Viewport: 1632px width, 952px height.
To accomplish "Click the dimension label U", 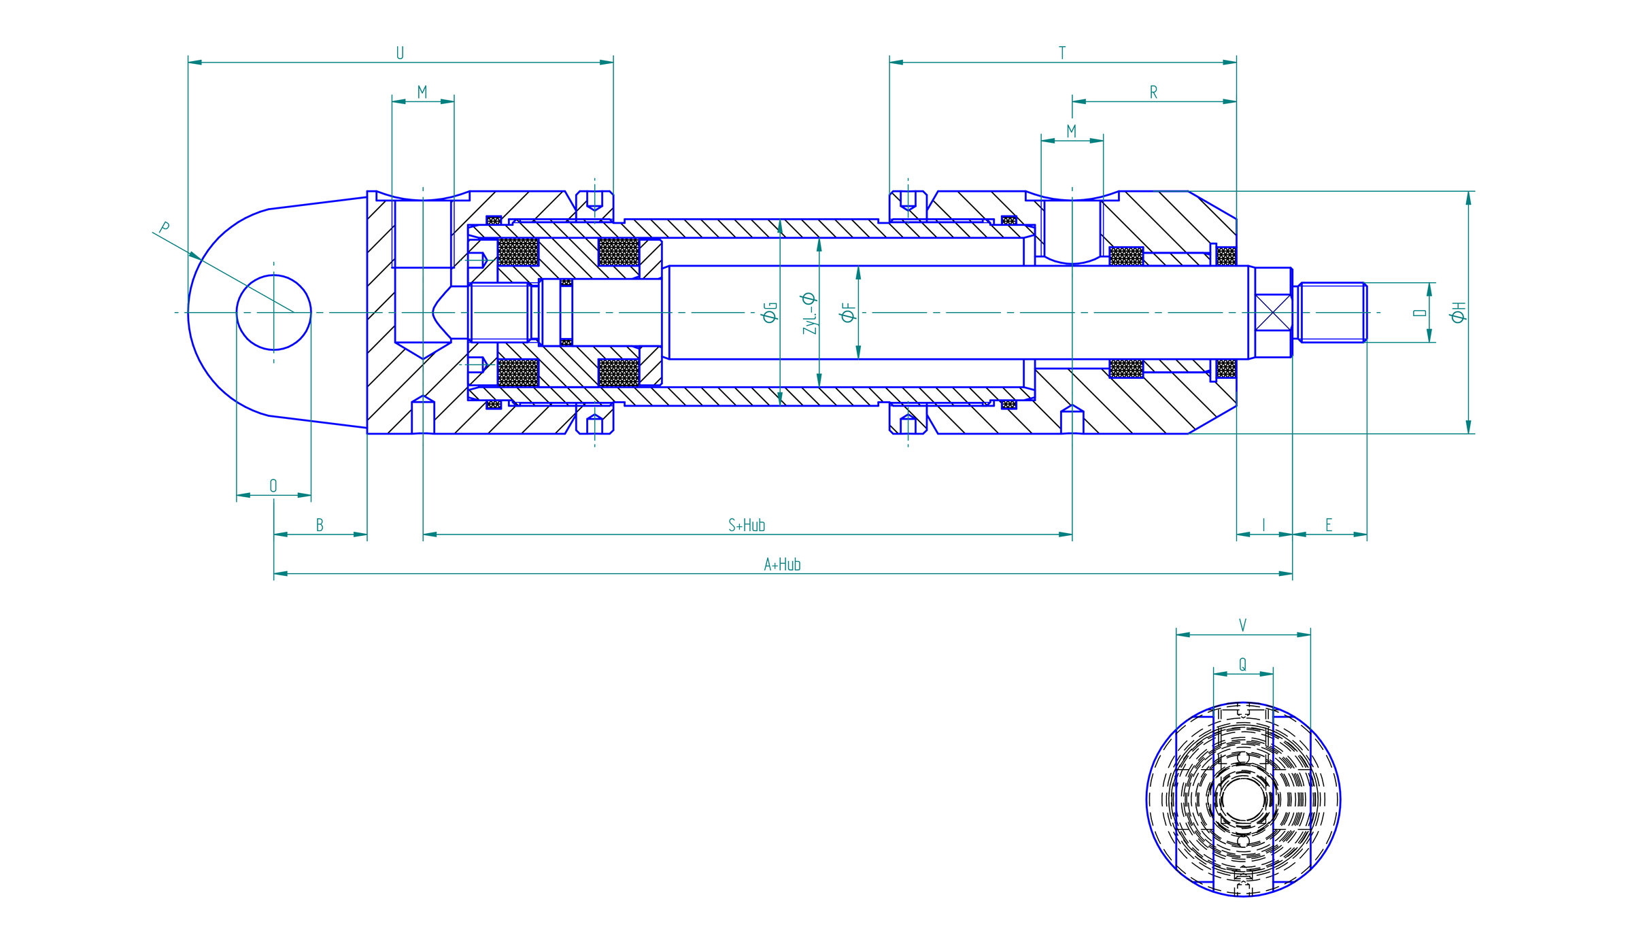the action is coord(400,53).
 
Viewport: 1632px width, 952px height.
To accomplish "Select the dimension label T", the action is coord(1062,53).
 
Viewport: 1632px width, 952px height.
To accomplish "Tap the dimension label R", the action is coord(1153,92).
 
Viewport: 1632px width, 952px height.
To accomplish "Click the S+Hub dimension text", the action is coord(747,525).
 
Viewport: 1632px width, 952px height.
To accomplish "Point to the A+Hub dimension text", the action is coord(782,564).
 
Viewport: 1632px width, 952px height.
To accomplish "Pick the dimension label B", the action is coord(320,525).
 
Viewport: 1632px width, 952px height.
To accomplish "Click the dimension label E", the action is coord(1329,525).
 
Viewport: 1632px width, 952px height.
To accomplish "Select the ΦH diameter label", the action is coord(1458,312).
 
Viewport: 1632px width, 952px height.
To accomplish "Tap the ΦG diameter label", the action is coord(770,312).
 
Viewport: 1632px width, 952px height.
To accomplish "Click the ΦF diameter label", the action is coord(848,312).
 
